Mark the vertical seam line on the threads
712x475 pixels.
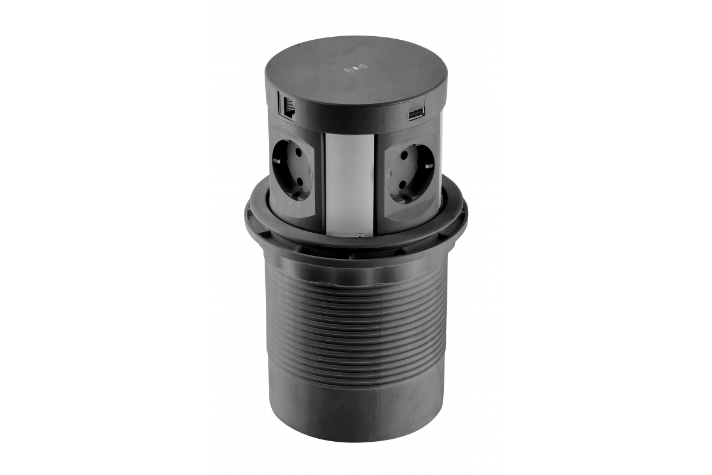coord(380,321)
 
